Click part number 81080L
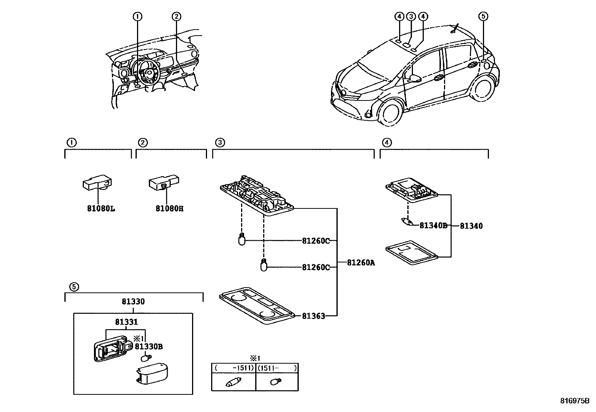(101, 208)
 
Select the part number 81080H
(170, 208)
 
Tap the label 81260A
(361, 263)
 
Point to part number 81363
(313, 316)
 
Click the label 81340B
(433, 226)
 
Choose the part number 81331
(126, 322)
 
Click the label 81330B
(149, 346)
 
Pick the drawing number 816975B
(575, 401)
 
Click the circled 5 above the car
(483, 16)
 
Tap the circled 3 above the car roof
(411, 16)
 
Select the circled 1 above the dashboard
(137, 16)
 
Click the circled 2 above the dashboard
(176, 16)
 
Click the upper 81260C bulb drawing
(242, 239)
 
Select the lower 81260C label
(316, 267)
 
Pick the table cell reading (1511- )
(277, 368)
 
